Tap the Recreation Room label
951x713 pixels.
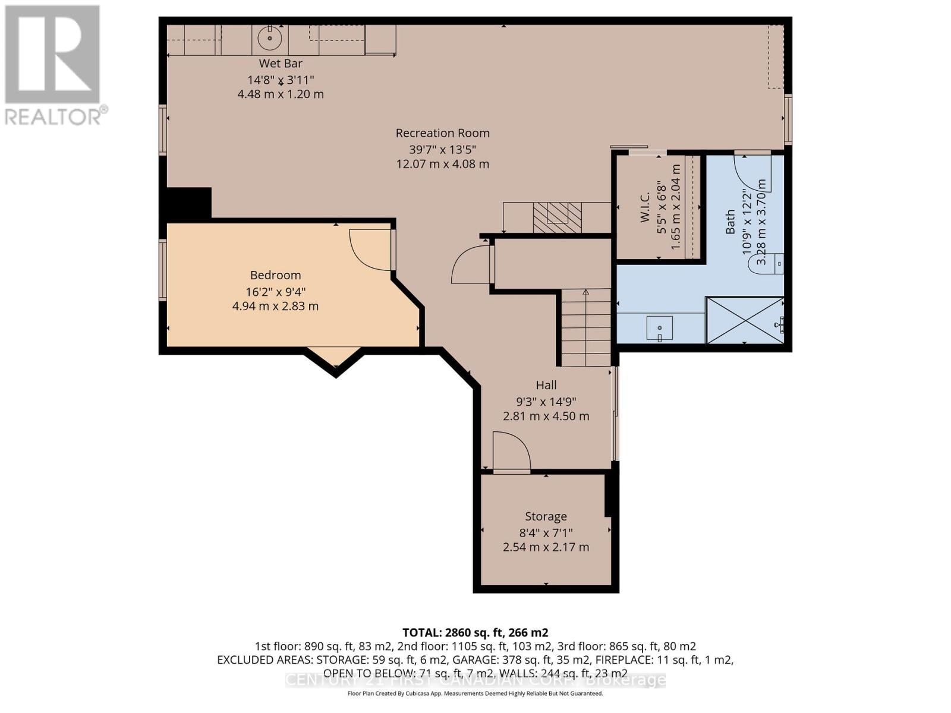[x=442, y=133]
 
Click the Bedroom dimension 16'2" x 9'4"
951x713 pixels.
[x=275, y=291]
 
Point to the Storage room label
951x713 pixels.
[x=545, y=516]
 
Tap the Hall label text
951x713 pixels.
[x=546, y=385]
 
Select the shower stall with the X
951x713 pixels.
[x=744, y=320]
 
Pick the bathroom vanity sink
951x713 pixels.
[x=659, y=327]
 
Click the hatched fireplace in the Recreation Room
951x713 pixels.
[x=557, y=217]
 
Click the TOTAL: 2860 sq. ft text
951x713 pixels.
[x=475, y=632]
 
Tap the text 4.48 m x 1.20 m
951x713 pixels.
[x=280, y=94]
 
